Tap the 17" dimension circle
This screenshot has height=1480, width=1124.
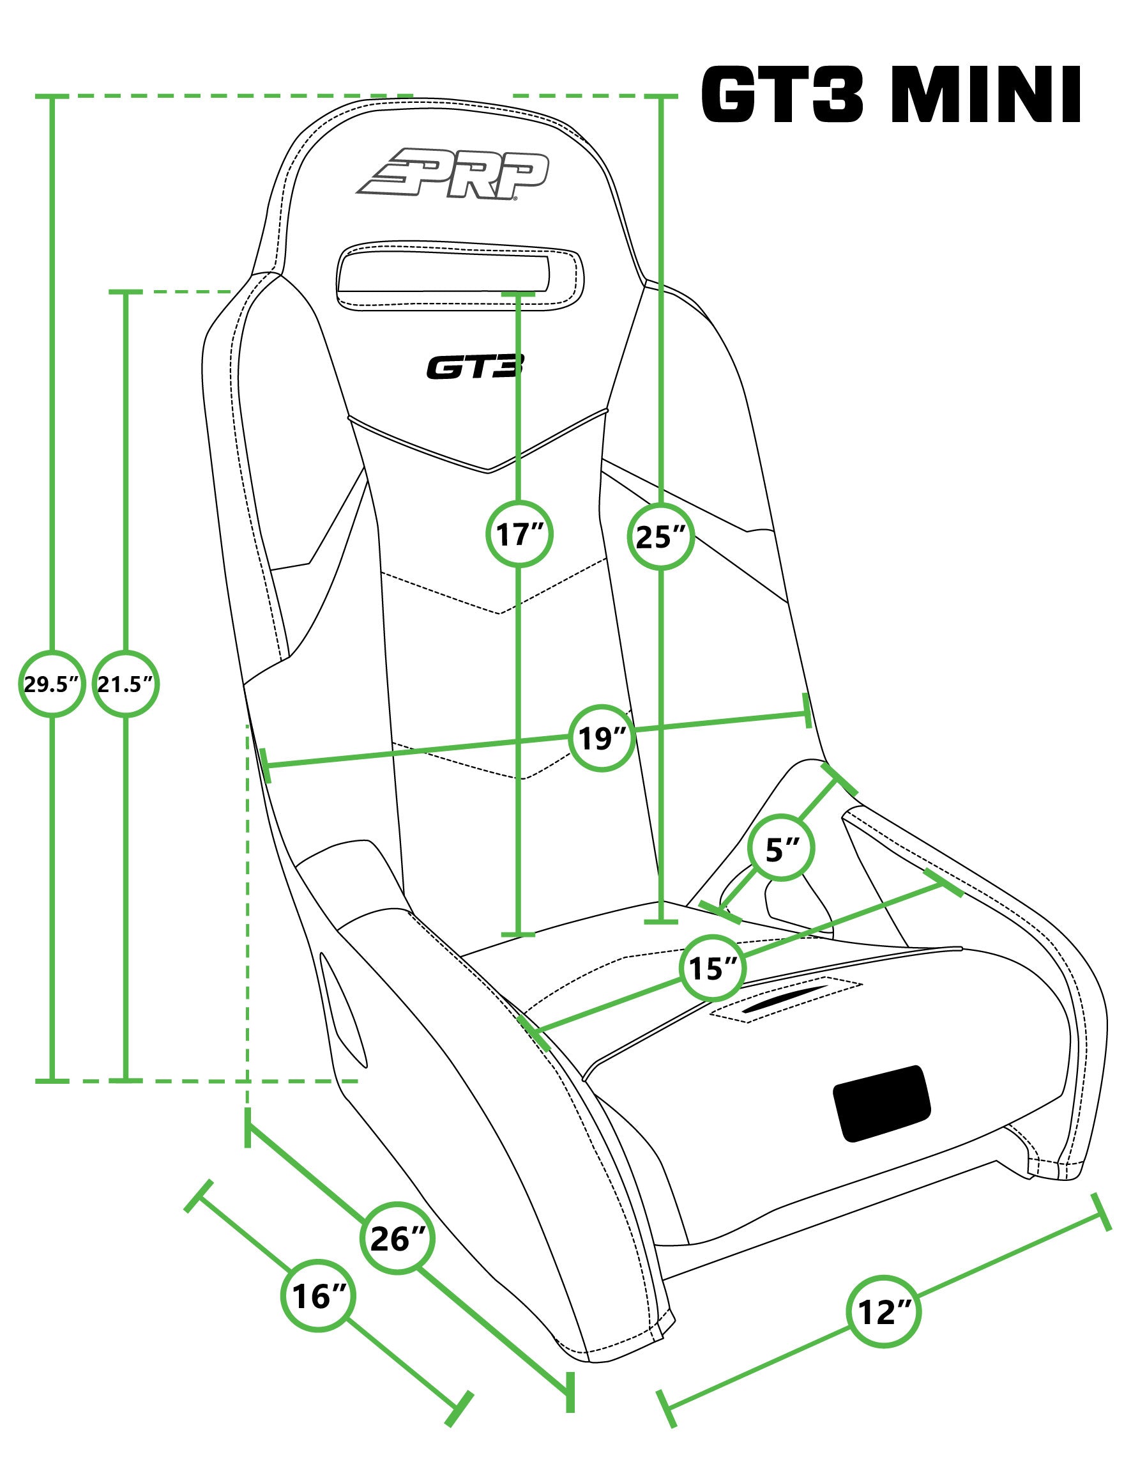click(519, 534)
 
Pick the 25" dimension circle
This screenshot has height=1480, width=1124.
click(661, 536)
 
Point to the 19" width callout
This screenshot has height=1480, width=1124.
click(602, 738)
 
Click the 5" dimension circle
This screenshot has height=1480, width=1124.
click(782, 849)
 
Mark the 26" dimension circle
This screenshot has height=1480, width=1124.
click(399, 1239)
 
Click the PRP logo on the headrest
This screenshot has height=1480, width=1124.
click(453, 174)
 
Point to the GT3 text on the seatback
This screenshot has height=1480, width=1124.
click(476, 367)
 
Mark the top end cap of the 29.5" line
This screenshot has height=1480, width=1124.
click(52, 97)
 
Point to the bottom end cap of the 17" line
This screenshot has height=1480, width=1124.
click(519, 934)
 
